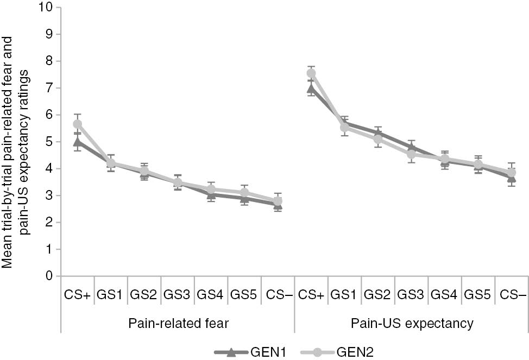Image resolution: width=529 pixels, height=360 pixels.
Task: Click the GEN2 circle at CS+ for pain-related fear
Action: coord(77,124)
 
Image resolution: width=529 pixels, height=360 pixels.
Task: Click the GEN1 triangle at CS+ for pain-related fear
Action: coord(77,142)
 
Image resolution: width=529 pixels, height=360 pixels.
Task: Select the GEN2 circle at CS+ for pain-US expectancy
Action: coord(311,73)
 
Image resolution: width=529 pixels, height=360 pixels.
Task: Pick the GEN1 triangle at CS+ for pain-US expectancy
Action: coord(311,89)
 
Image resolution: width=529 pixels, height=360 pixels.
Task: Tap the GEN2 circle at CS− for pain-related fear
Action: coord(278,201)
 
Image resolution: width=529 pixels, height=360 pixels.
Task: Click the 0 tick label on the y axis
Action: coord(50,276)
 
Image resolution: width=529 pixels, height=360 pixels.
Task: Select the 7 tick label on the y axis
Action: coord(50,88)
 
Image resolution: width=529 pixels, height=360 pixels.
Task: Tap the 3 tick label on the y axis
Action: coord(50,195)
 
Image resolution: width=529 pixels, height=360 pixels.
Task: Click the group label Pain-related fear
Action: coord(178,324)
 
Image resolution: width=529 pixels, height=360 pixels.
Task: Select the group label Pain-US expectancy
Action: coord(411,324)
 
